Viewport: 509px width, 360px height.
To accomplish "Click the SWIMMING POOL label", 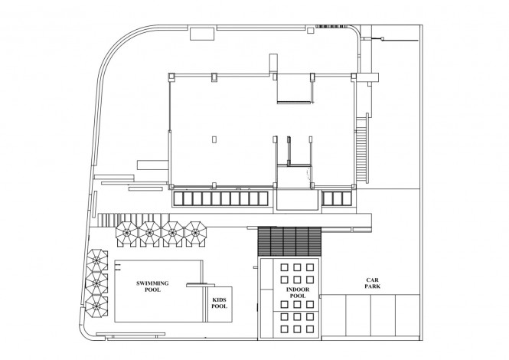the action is (152, 286).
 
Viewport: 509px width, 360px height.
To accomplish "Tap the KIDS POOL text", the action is (220, 303).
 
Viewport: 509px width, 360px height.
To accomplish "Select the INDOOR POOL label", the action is (298, 293).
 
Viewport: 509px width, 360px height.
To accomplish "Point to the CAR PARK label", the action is (372, 283).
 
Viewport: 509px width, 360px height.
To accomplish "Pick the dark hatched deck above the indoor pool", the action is (289, 241).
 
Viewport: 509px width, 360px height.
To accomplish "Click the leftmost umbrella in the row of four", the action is (126, 234).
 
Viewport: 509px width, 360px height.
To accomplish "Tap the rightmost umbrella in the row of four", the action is (195, 234).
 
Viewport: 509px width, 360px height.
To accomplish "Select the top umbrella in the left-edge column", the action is (97, 260).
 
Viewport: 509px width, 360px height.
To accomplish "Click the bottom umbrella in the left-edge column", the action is (96, 306).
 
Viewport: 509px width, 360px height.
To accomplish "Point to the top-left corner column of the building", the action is (171, 77).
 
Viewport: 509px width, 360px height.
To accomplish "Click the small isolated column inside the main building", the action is (214, 139).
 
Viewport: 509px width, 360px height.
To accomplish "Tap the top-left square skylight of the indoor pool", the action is (285, 267).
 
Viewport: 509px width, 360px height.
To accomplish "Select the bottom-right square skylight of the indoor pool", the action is (310, 329).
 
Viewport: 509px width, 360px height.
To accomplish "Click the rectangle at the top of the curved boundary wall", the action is (202, 34).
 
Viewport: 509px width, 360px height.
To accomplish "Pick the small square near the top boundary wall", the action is (311, 31).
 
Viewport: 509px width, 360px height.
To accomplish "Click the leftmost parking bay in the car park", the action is (334, 316).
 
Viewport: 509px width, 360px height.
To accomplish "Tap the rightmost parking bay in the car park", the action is (407, 316).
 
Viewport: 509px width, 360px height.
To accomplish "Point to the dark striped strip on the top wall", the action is (331, 26).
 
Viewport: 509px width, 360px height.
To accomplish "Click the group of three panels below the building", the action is (338, 198).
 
